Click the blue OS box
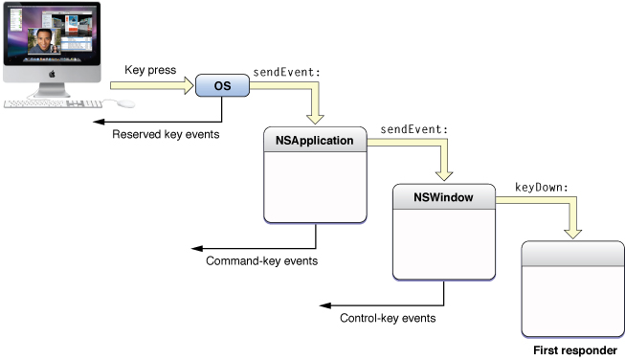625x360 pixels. click(x=222, y=86)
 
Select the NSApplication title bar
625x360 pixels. click(x=315, y=141)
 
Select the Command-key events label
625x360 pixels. click(x=261, y=260)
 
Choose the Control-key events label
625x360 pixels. click(x=388, y=317)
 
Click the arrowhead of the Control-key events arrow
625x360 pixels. click(x=324, y=304)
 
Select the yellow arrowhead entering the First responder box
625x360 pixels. click(x=573, y=232)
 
